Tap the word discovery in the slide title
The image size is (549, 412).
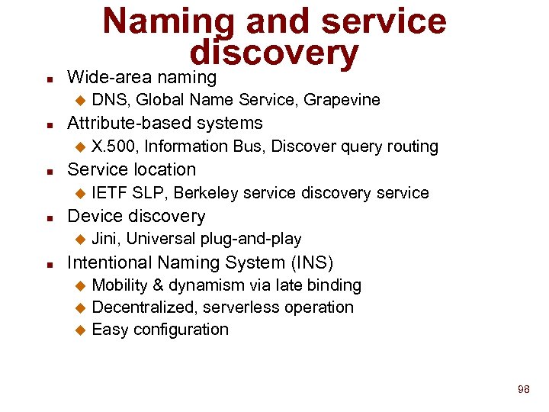click(274, 52)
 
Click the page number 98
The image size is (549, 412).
click(523, 389)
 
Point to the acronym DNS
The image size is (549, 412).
click(109, 100)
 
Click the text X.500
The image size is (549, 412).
click(114, 146)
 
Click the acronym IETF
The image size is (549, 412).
click(109, 193)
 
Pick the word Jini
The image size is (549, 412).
click(105, 240)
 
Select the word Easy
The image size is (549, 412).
click(109, 330)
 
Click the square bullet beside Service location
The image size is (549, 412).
click(49, 171)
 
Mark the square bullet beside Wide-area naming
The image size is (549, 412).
click(49, 79)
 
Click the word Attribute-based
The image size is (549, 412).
click(123, 124)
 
